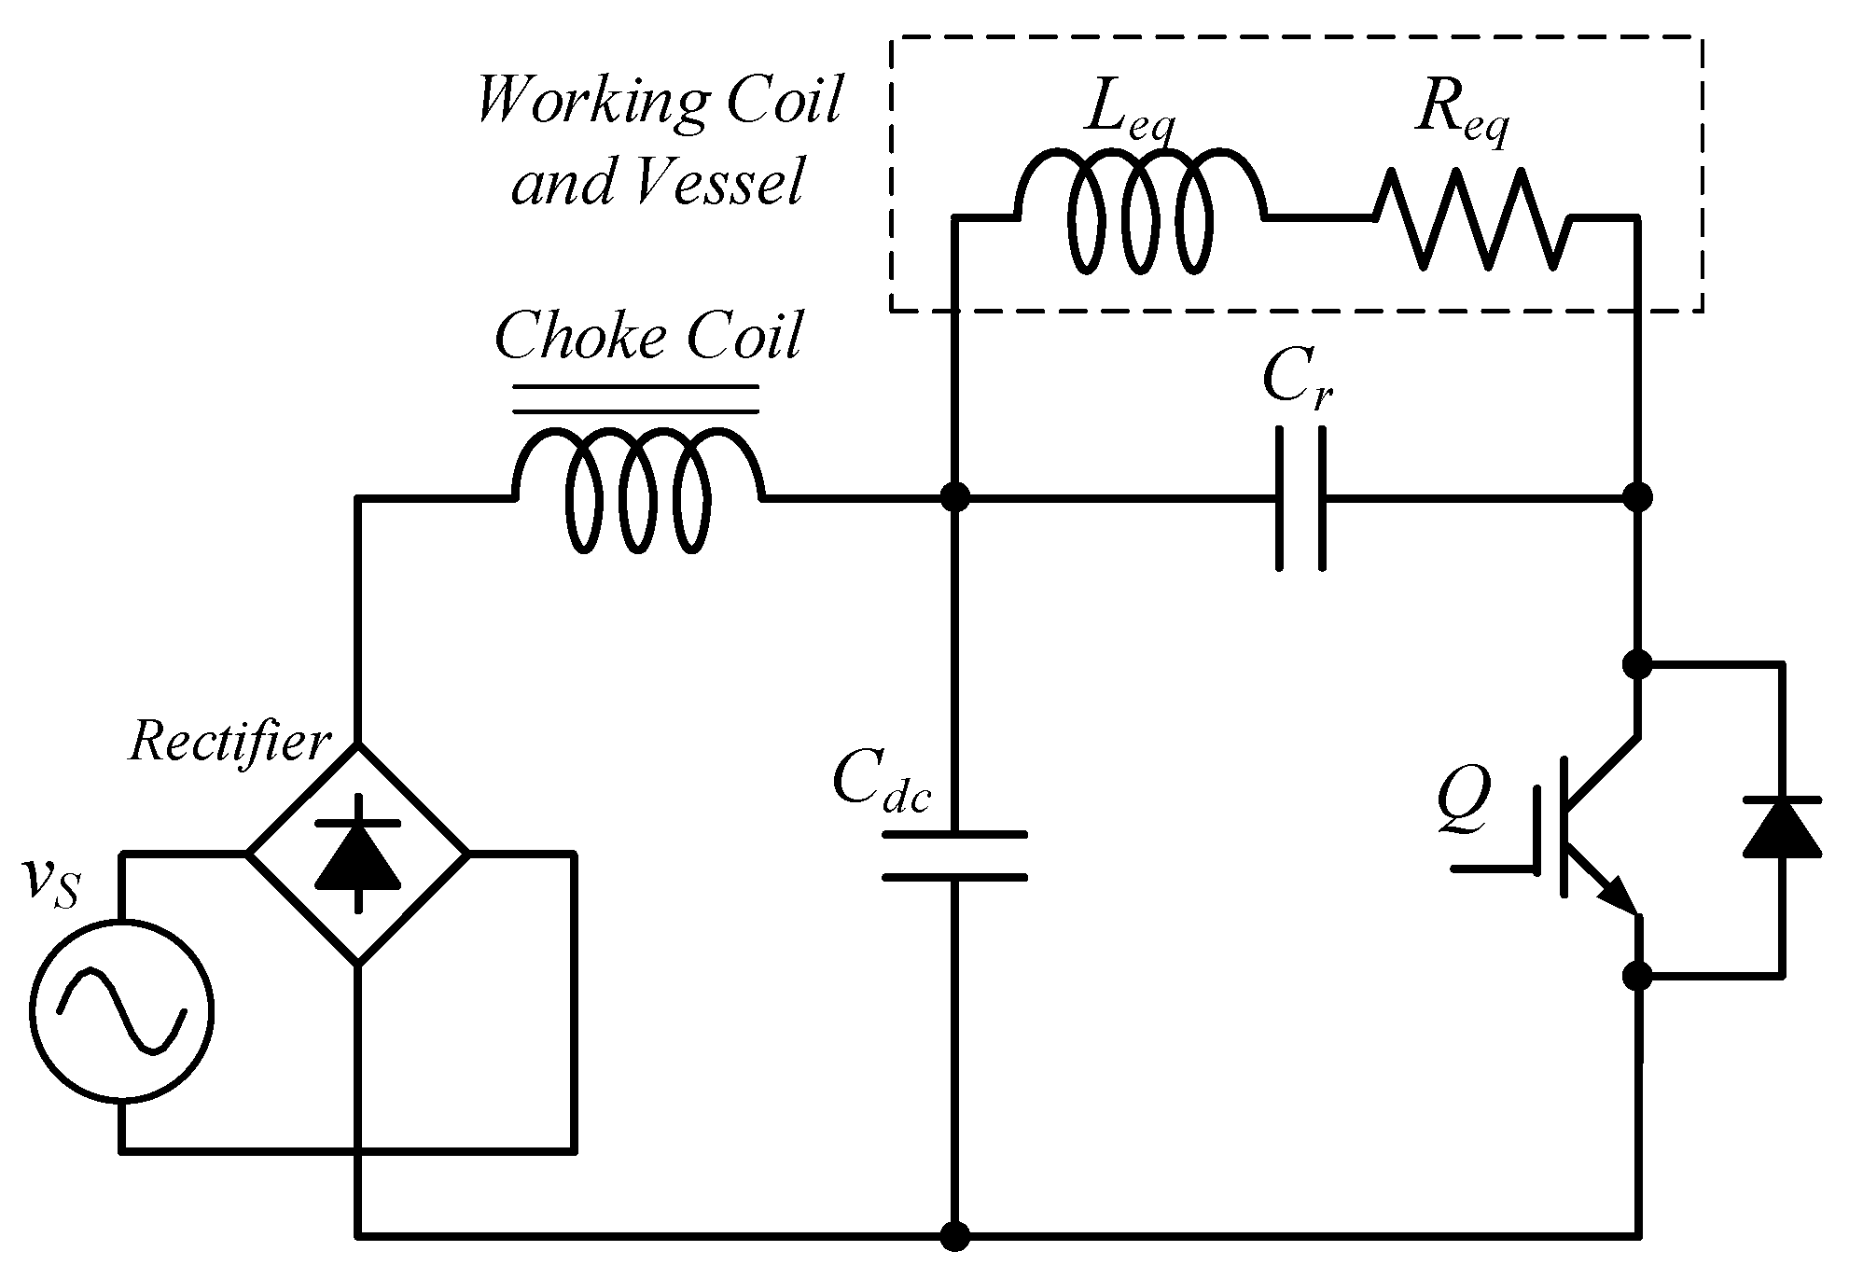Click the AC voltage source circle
click(120, 1011)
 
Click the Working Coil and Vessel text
click(659, 140)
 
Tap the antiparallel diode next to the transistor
click(1782, 827)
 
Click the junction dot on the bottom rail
click(954, 1237)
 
